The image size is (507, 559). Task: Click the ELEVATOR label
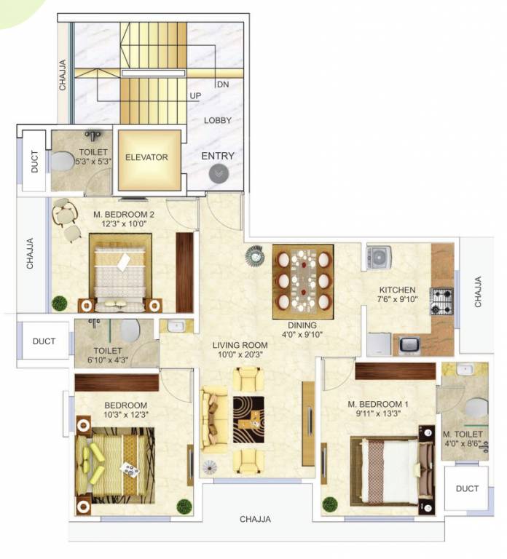pos(146,157)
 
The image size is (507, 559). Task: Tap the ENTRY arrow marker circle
pos(219,174)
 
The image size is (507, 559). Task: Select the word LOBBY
pos(218,121)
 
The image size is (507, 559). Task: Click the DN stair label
pos(223,84)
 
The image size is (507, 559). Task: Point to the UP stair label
pos(195,96)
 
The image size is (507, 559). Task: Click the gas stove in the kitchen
pos(441,301)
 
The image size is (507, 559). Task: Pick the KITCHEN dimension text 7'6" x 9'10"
pos(397,299)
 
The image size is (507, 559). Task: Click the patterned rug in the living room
pos(248,419)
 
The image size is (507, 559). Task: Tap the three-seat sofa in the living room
pos(213,419)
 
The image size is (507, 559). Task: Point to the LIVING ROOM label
pos(240,345)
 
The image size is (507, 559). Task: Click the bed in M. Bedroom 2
pos(121,274)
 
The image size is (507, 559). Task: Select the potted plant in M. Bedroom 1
pos(330,504)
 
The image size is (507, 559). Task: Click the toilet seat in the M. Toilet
pos(476,408)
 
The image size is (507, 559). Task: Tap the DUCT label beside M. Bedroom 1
pos(467,488)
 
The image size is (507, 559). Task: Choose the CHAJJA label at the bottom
pos(255,519)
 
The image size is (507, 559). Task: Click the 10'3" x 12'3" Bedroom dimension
pos(126,415)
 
